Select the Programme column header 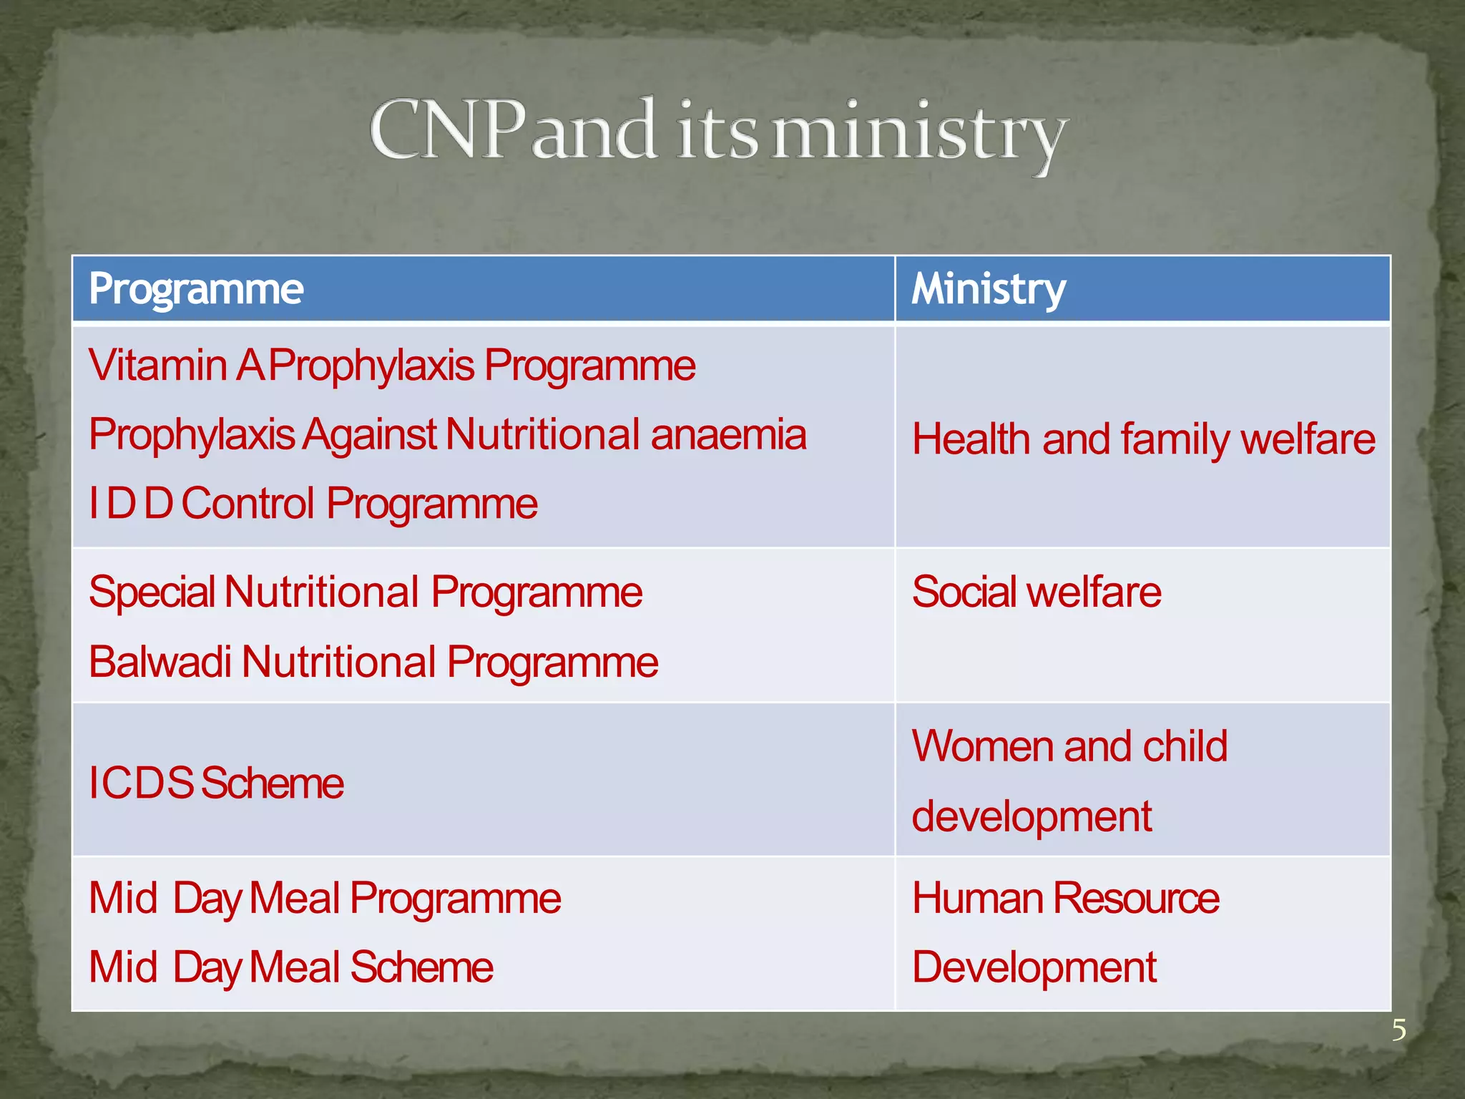tap(196, 289)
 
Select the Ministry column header tap(989, 289)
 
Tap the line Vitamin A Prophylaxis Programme tap(391, 366)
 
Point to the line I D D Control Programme tap(313, 503)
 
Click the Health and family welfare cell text tap(1143, 439)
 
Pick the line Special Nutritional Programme tap(365, 592)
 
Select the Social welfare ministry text tap(1037, 592)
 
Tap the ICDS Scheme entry tap(215, 783)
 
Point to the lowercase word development tap(1032, 816)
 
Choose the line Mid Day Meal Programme tap(324, 899)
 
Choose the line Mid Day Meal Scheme tap(290, 967)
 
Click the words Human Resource tap(1065, 899)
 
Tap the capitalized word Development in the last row tap(1034, 967)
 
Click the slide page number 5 tap(1398, 1030)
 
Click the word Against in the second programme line tap(369, 434)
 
